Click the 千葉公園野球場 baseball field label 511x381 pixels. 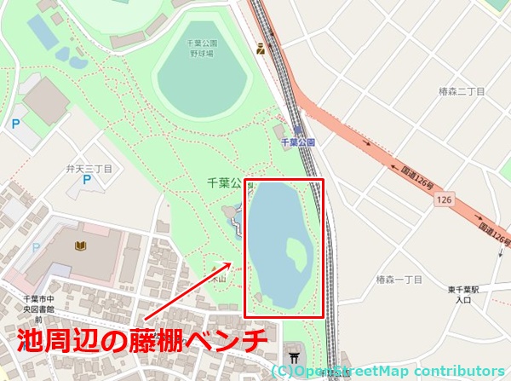coord(202,48)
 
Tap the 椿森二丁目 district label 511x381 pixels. coord(458,91)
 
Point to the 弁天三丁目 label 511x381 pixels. coord(89,170)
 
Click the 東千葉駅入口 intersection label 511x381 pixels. coord(463,294)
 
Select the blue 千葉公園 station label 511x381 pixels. coord(298,142)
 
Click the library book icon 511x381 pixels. coord(80,246)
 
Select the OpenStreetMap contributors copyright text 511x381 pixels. coord(388,371)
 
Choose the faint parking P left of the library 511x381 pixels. coord(36,247)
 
